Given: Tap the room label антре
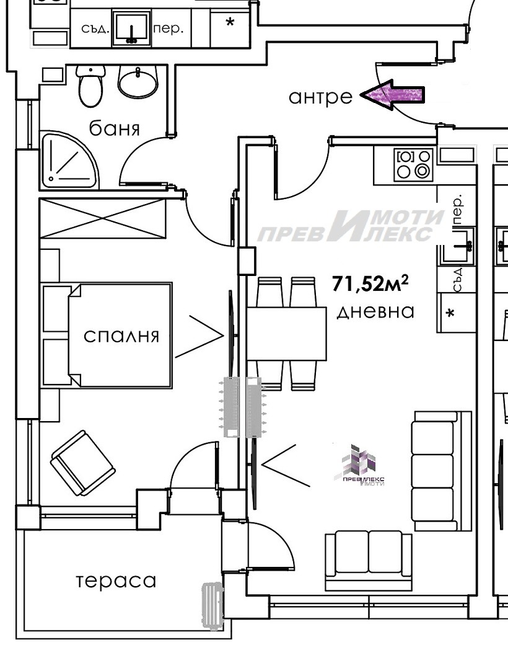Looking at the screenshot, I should (321, 97).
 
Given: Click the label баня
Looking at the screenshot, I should (115, 128).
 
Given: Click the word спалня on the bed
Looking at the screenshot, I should (121, 336).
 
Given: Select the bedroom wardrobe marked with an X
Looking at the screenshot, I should (103, 218).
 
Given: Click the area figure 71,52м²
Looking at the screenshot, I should (370, 284).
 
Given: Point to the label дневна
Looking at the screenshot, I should (375, 311).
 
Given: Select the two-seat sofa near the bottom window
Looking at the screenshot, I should (368, 559).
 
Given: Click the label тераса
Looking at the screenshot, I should (116, 581).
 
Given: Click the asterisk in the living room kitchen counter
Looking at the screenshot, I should (451, 313).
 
